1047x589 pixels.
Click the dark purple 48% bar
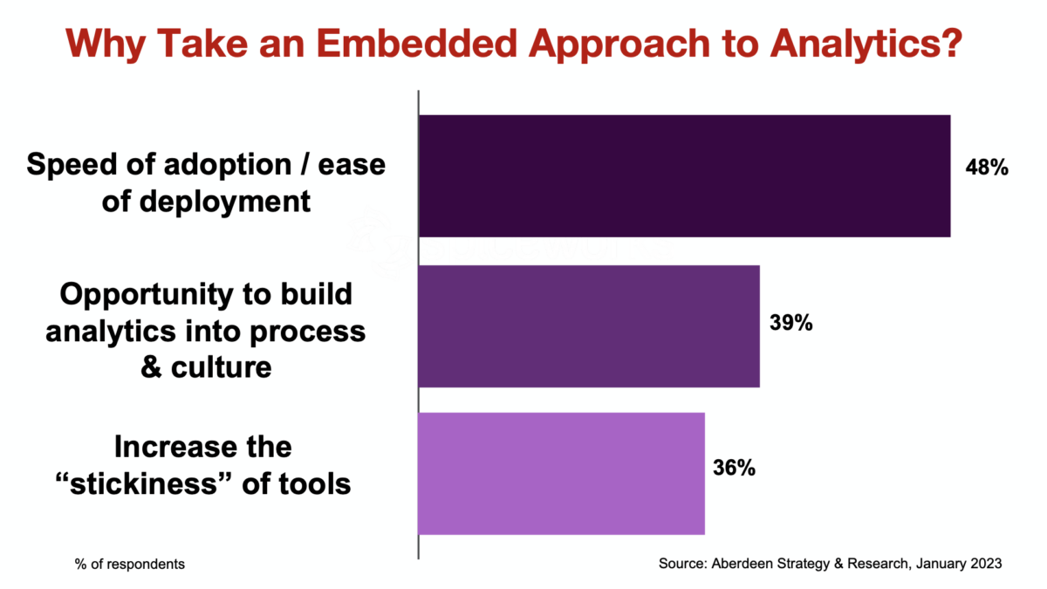coord(684,175)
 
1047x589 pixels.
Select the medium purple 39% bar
coord(589,325)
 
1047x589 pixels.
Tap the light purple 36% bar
coord(561,473)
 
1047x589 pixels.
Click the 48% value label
coord(987,167)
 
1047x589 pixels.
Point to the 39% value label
coord(791,323)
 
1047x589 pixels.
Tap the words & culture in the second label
coord(206,367)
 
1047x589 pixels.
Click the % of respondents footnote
coord(129,564)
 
